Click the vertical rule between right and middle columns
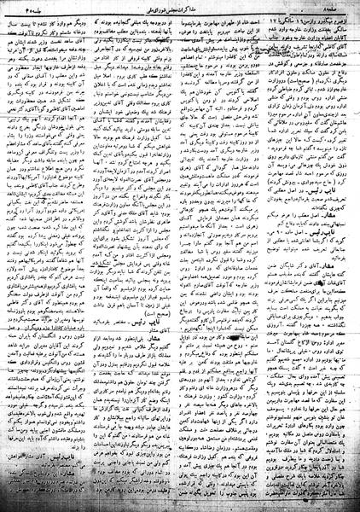point(241,256)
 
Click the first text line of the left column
point(64,20)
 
